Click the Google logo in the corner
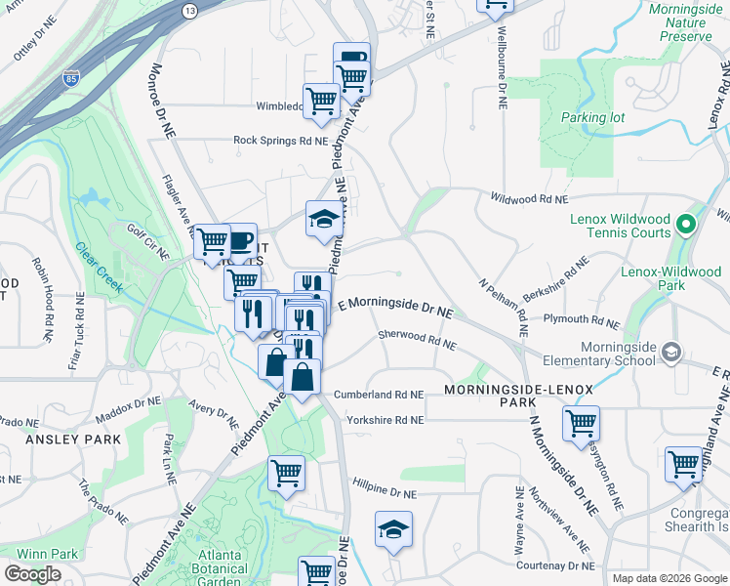point(32,574)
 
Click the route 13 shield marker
point(189,10)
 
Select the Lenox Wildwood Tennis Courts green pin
point(685,225)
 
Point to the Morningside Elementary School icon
point(670,351)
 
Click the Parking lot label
point(592,117)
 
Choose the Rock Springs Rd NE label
point(279,141)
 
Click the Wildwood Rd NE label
point(528,199)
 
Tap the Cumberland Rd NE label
point(379,396)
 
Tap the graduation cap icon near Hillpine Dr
point(393,529)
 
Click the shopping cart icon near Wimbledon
point(320,100)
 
